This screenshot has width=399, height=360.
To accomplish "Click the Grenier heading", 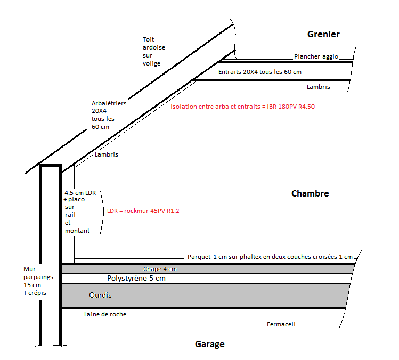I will coord(323,35).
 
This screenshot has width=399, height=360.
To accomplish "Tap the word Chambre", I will coord(310,193).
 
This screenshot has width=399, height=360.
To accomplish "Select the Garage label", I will coord(209,344).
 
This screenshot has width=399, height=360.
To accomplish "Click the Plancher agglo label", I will coord(316,56).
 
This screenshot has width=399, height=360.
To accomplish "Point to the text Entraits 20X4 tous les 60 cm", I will coord(260,71).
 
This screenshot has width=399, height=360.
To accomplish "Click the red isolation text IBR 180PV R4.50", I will coord(242,107).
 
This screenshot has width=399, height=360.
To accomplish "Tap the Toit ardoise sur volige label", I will coord(153,52).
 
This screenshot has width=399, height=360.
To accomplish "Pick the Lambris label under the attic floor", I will coord(319,87).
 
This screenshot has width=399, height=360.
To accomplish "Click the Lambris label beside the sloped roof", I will coord(106,154).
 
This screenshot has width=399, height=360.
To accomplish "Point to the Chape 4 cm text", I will coord(160,269).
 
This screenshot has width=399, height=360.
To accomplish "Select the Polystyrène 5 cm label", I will coord(136,278).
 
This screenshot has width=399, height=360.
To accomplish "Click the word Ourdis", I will coord(100,294).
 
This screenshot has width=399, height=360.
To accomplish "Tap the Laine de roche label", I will coord(105,314).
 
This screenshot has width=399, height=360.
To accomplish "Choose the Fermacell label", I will coord(281,324).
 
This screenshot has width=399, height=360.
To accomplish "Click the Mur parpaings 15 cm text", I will coord(36,281).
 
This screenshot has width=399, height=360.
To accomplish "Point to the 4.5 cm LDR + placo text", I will coord(79,211).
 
